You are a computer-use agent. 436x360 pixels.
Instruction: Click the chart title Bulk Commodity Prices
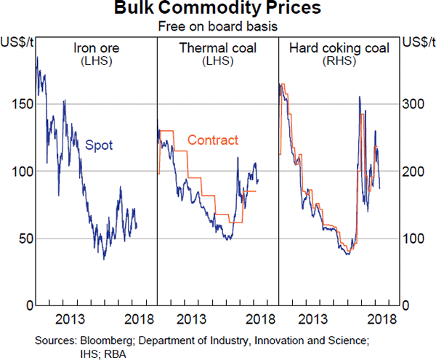point(217,10)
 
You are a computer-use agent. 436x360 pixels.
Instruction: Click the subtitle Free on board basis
point(217,27)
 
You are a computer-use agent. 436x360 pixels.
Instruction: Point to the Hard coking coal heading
point(339,49)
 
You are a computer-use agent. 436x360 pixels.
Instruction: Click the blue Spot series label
point(99,145)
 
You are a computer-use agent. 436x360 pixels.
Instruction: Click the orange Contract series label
point(212,140)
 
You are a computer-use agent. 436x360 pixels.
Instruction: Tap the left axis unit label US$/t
point(16,41)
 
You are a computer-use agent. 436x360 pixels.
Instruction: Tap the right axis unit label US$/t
point(419,41)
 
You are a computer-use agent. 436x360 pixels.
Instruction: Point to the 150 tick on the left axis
point(19,104)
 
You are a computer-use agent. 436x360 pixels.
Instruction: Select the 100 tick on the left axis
point(19,171)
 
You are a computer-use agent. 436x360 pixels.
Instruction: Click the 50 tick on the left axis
point(22,239)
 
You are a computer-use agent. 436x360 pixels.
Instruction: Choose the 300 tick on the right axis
point(415,104)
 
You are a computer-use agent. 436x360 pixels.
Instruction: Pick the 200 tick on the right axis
point(415,171)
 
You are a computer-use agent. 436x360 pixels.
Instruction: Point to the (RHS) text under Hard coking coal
point(339,62)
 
